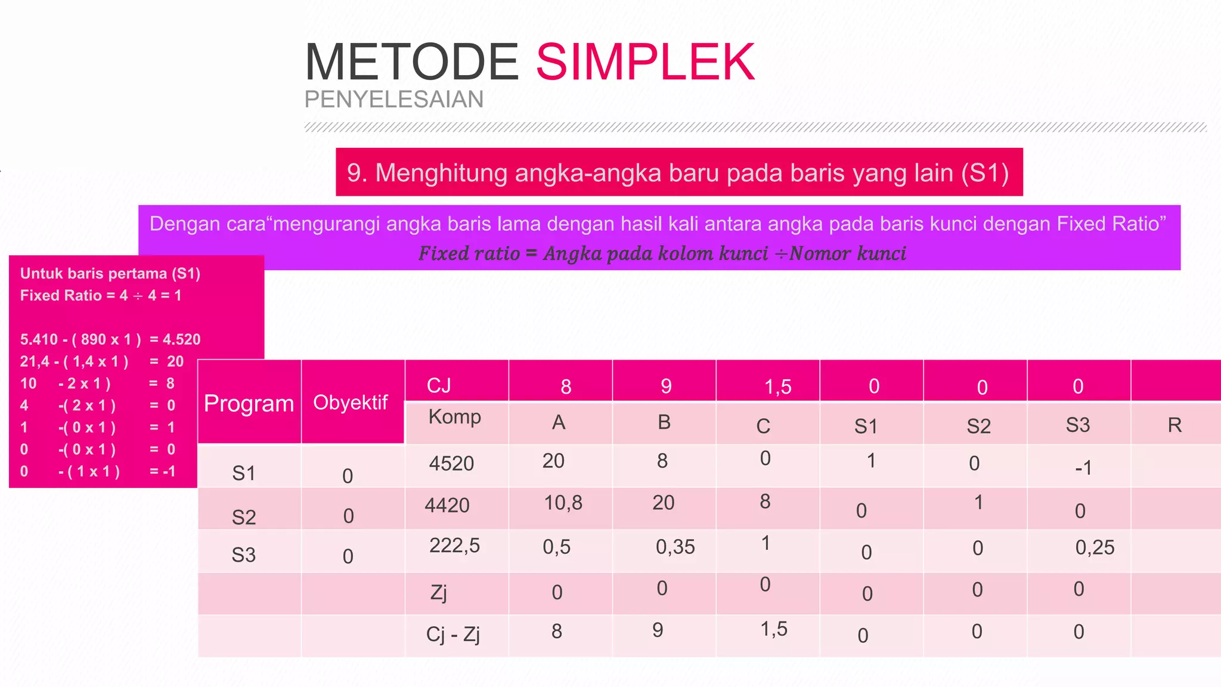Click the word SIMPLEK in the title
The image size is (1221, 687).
pyautogui.click(x=645, y=62)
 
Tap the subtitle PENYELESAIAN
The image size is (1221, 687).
pyautogui.click(x=393, y=99)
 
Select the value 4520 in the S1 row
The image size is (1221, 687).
pyautogui.click(x=451, y=463)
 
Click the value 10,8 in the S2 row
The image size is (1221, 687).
pyautogui.click(x=563, y=503)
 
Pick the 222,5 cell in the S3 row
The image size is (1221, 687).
pyautogui.click(x=454, y=545)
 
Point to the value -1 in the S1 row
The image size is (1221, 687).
pyautogui.click(x=1083, y=468)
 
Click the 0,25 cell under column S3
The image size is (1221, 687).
pyautogui.click(x=1095, y=547)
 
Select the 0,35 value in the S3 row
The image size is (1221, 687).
pyautogui.click(x=675, y=547)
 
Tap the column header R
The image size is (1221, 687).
pyautogui.click(x=1174, y=425)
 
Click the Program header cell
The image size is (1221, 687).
pyautogui.click(x=249, y=404)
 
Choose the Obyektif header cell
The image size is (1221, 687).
pyautogui.click(x=351, y=403)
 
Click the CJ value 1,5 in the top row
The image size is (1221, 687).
pyautogui.click(x=777, y=387)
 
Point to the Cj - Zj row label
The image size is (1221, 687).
pyautogui.click(x=453, y=634)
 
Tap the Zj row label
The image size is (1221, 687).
pyautogui.click(x=438, y=593)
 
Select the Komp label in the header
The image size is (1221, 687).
pyautogui.click(x=454, y=416)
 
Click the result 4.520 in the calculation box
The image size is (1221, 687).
pyautogui.click(x=181, y=339)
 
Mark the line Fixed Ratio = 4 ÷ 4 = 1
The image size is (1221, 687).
pyautogui.click(x=101, y=295)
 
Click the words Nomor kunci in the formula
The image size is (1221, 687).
pyautogui.click(x=847, y=253)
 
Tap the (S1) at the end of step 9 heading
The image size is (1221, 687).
pyautogui.click(x=984, y=173)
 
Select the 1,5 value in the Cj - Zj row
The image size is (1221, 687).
pyautogui.click(x=773, y=629)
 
